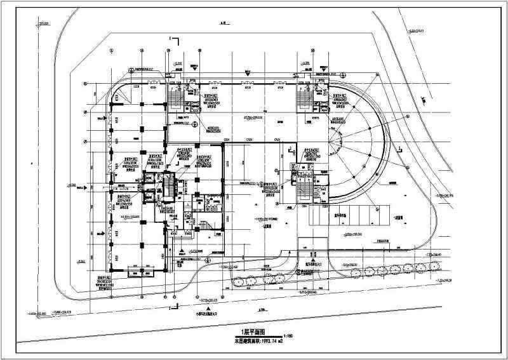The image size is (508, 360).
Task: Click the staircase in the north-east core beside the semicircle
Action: (x=302, y=97)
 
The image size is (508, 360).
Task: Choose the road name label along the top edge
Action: (x=222, y=23)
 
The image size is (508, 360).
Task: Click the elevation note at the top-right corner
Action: (x=416, y=30)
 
